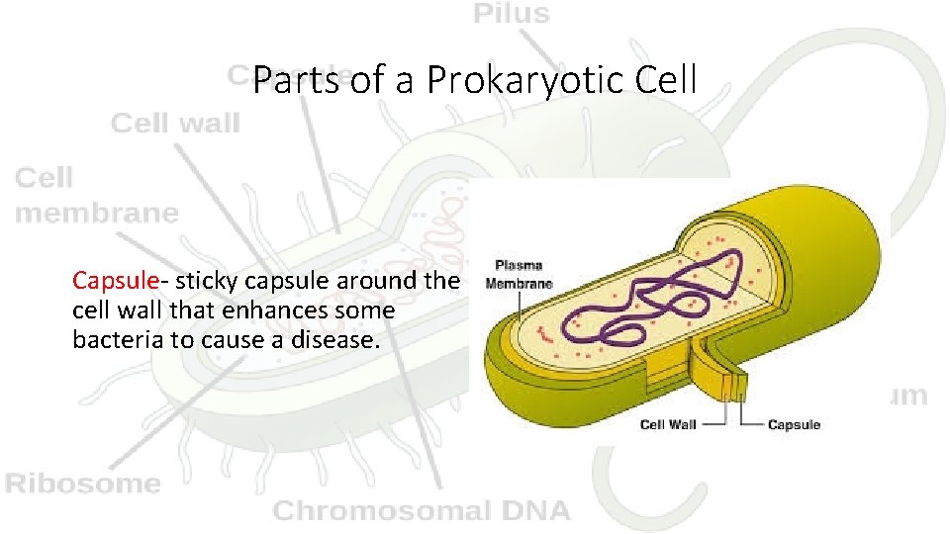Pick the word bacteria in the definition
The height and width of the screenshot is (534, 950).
[113, 340]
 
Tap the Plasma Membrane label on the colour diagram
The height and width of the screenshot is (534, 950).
[519, 274]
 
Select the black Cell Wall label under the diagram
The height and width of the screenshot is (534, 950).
[668, 425]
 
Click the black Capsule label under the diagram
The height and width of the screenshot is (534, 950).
[794, 425]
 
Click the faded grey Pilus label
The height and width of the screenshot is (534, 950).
[511, 14]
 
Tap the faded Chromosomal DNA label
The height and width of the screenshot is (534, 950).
[422, 511]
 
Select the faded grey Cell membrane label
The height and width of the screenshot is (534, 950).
[96, 195]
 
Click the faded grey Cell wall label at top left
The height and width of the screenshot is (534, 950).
[175, 124]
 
